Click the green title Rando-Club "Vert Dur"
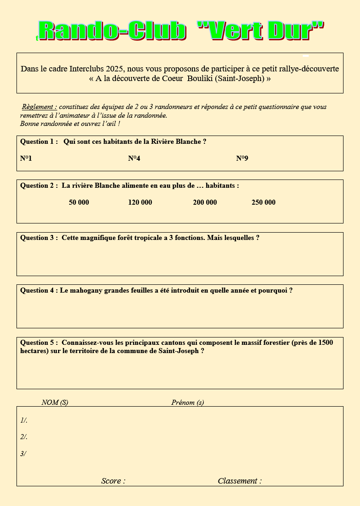click(181, 31)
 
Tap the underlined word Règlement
click(39, 107)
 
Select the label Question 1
click(38, 142)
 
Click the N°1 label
click(26, 158)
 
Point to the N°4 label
click(134, 158)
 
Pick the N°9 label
click(242, 158)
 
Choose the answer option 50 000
click(79, 202)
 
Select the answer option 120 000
click(140, 202)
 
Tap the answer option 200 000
click(205, 202)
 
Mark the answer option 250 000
click(263, 202)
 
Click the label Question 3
click(38, 238)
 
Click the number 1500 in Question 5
click(325, 343)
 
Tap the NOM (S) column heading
click(55, 403)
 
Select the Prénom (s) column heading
click(188, 403)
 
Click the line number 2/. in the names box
click(24, 437)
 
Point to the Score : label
click(113, 481)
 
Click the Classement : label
click(240, 481)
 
